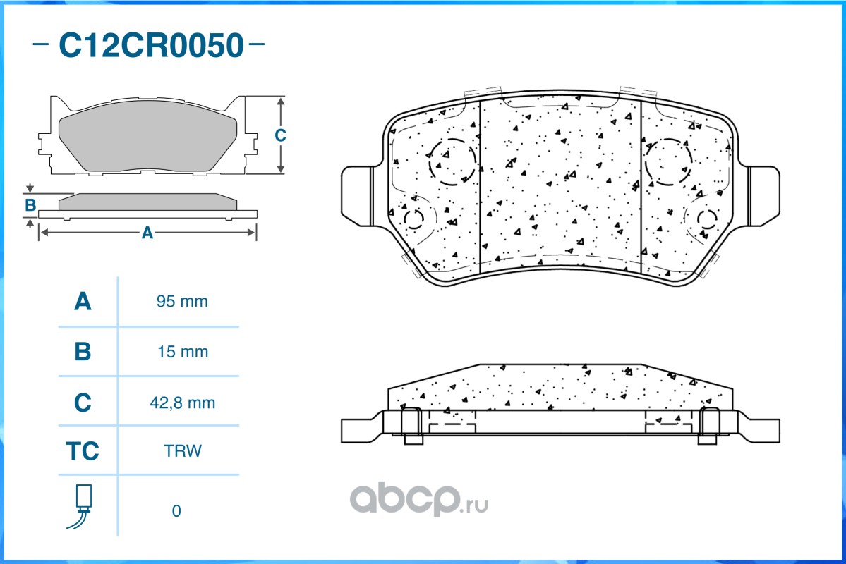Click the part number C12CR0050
[x=150, y=46]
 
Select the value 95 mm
[x=182, y=302]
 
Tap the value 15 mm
[x=182, y=352]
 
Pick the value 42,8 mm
[x=182, y=403]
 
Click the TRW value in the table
[x=182, y=451]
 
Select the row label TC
[x=83, y=451]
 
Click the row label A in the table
[x=83, y=302]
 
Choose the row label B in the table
[x=83, y=352]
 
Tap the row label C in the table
[x=83, y=403]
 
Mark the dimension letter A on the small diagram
[x=147, y=233]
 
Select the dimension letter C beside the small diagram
[x=280, y=135]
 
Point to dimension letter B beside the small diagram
[x=30, y=206]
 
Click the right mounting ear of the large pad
[x=763, y=196]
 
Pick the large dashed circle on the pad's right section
[x=667, y=162]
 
